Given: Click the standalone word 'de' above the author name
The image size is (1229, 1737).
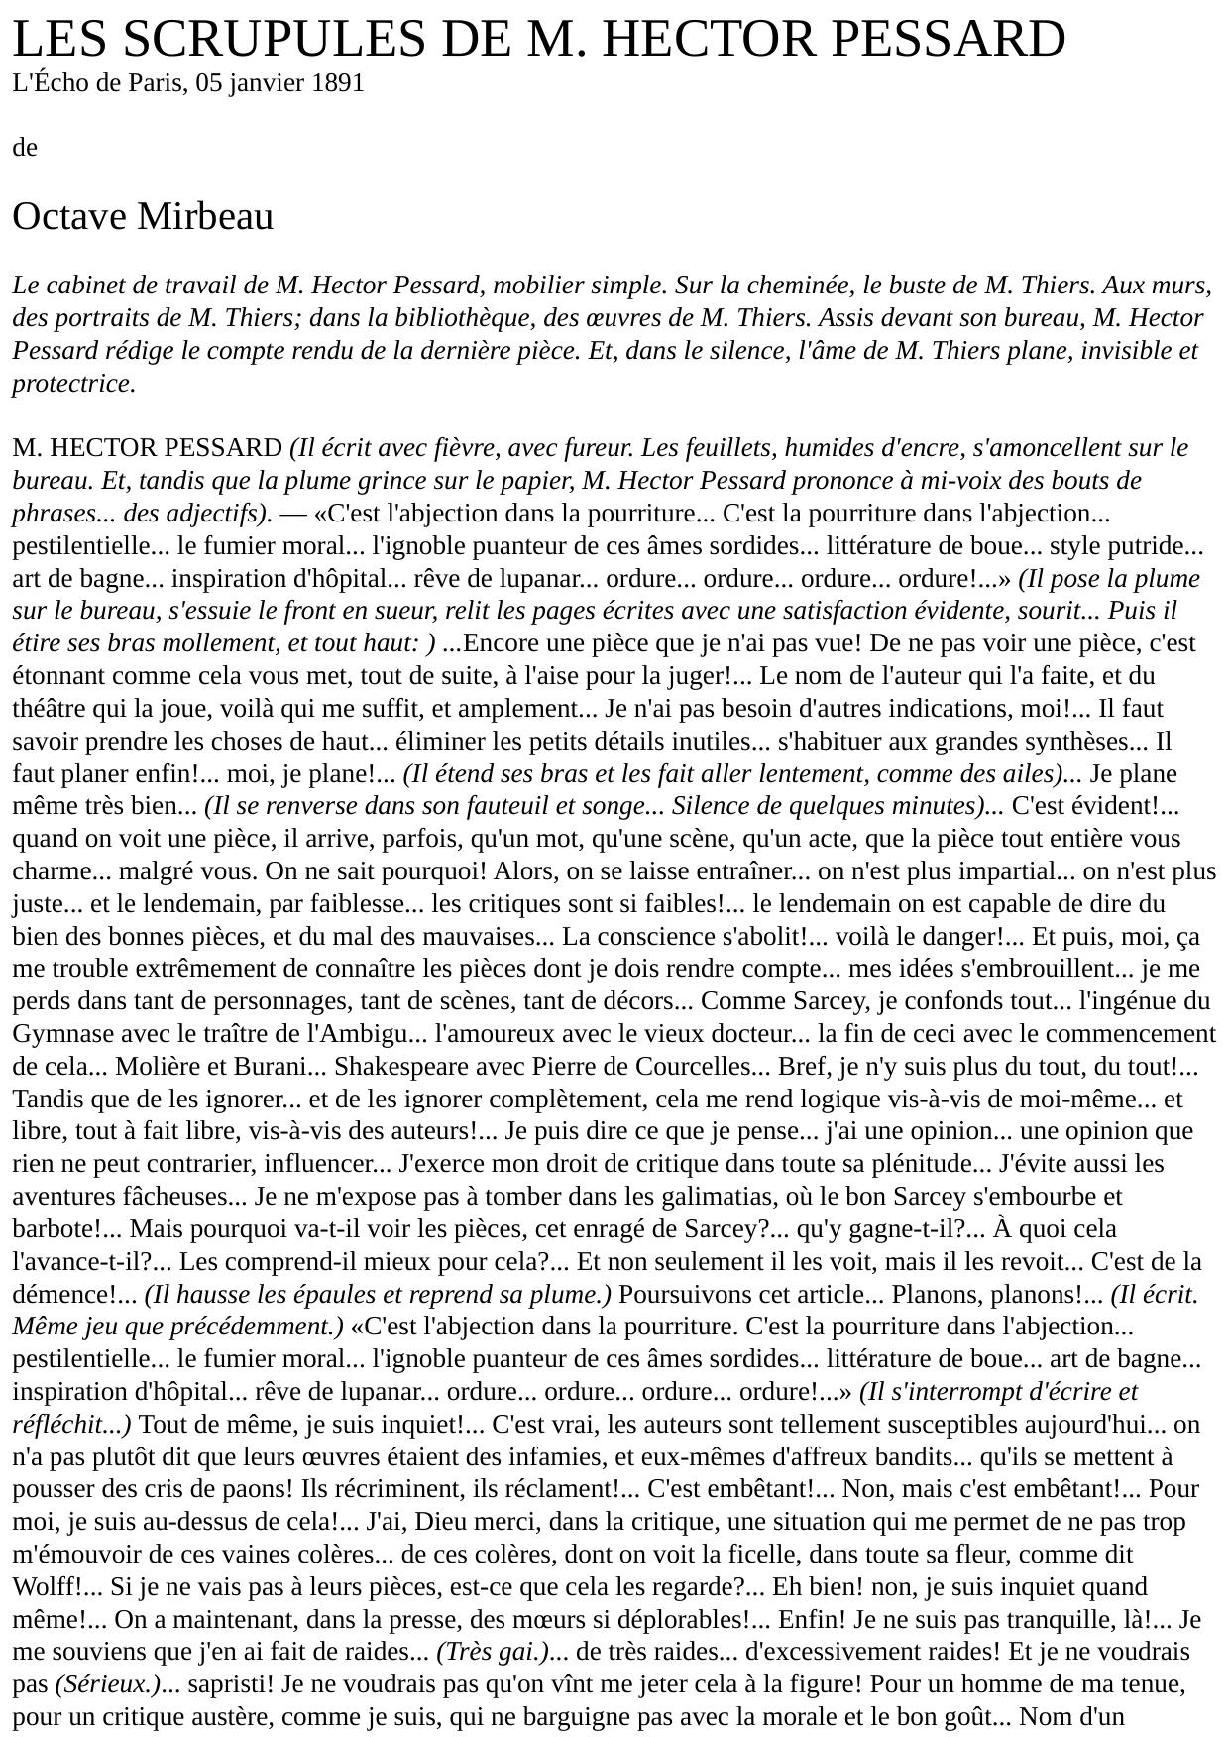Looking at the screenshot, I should tap(24, 148).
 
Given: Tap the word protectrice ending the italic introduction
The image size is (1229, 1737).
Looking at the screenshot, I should tap(72, 384).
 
